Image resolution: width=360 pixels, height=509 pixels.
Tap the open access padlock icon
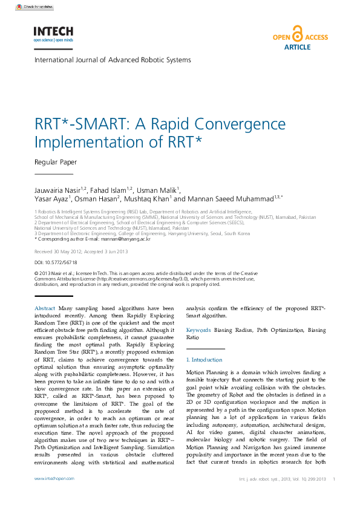pyautogui.click(x=297, y=34)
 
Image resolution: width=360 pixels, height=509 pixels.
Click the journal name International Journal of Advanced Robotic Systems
pyautogui.click(x=113, y=60)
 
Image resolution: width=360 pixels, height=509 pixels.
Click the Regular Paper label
pyautogui.click(x=55, y=162)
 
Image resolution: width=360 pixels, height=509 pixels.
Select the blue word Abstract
pyautogui.click(x=45, y=308)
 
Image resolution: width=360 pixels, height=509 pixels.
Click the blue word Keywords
pyautogui.click(x=198, y=331)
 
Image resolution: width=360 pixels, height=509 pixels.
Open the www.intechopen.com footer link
pyautogui.click(x=54, y=478)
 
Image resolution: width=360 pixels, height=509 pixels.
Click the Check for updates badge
pyautogui.click(x=34, y=7)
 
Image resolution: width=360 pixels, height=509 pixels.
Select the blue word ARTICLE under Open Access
pyautogui.click(x=297, y=47)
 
